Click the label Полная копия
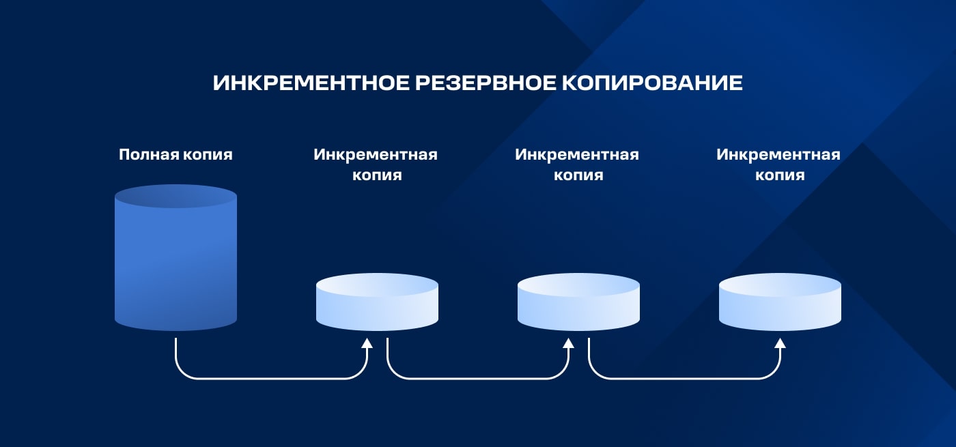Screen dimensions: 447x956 pos(175,155)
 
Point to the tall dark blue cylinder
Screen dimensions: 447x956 pos(175,266)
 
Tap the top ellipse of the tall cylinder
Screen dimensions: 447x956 pos(175,196)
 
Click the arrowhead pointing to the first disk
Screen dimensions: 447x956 pos(367,343)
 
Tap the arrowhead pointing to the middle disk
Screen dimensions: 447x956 pos(568,343)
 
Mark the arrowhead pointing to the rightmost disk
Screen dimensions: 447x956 pos(780,343)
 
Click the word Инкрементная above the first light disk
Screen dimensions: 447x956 pos(376,155)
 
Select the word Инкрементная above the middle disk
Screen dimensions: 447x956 pos(577,155)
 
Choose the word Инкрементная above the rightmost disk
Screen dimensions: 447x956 pos(778,155)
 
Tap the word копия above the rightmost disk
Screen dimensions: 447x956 pos(779,175)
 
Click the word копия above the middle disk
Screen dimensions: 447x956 pos(578,175)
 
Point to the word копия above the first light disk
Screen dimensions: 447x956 pos(376,175)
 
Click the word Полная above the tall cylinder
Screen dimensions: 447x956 pos(149,155)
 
